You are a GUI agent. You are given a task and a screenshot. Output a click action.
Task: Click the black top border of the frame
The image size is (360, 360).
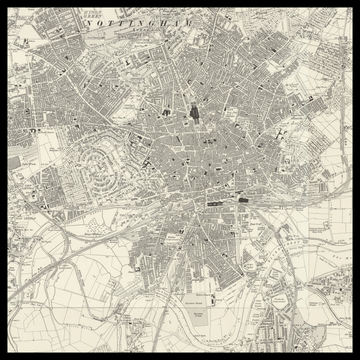pos(180,2)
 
